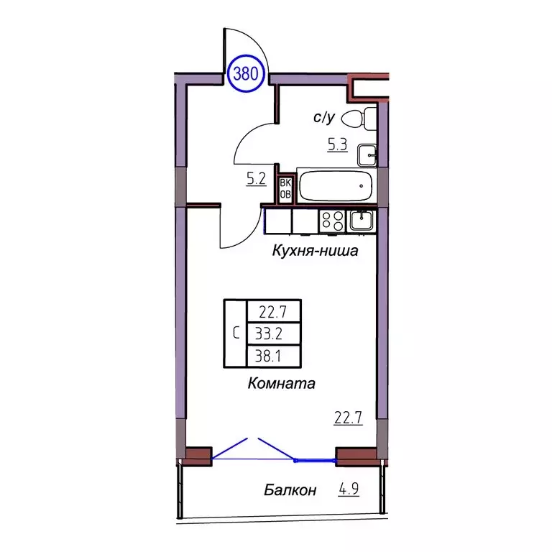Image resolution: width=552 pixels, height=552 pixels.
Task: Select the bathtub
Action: click(x=336, y=187)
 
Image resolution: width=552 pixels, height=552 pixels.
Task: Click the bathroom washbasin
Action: click(x=369, y=153)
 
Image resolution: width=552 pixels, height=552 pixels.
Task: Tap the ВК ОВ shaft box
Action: click(x=285, y=187)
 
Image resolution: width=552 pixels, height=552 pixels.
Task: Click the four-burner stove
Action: click(x=332, y=221)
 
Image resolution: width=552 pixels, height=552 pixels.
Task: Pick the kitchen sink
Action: click(x=361, y=220)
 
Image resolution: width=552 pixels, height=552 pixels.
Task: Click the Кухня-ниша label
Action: click(x=314, y=252)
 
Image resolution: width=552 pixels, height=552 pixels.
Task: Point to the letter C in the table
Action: click(x=236, y=333)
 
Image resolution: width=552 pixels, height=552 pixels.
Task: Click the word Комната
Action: click(x=282, y=383)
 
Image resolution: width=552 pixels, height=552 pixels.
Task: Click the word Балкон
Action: click(x=290, y=491)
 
